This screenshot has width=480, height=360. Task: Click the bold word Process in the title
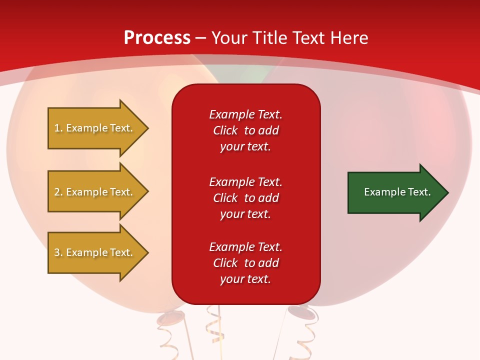(157, 37)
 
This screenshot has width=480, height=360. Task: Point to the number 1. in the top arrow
(58, 128)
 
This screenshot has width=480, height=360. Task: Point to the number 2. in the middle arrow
(58, 192)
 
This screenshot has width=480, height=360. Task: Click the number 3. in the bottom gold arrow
(58, 252)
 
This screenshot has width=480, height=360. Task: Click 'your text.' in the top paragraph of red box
(245, 147)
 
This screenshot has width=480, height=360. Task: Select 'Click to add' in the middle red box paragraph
(245, 198)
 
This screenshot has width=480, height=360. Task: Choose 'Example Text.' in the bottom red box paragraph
(245, 247)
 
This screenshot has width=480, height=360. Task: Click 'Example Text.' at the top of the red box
(245, 114)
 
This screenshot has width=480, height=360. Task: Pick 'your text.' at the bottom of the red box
(245, 279)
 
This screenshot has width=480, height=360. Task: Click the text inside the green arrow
(397, 192)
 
